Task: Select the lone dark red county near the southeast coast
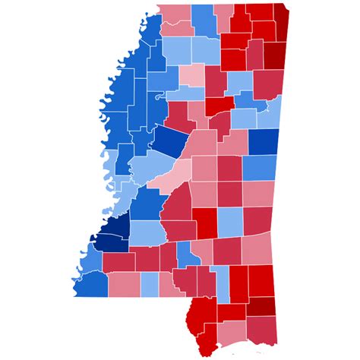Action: pyautogui.click(x=260, y=305)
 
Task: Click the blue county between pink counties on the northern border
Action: pyautogui.click(x=202, y=20)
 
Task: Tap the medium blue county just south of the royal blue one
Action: pyautogui.click(x=259, y=167)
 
